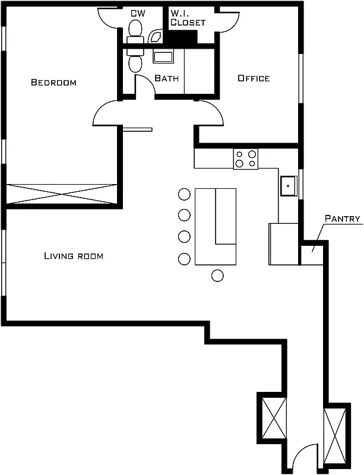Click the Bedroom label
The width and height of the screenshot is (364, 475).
53,83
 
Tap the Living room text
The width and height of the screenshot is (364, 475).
74,256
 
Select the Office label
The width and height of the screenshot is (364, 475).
254,78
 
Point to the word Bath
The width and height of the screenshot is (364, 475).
166,78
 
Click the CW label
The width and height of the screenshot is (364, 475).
138,12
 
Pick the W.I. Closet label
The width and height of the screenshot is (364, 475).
188,18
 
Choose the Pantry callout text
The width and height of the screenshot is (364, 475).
343,218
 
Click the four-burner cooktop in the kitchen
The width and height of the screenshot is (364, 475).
245,159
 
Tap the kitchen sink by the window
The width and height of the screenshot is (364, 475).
289,185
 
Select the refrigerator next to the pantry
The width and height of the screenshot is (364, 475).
283,243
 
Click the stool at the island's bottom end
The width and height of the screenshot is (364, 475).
217,275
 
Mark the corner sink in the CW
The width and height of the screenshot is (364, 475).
157,37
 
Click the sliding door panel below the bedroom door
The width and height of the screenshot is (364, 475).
137,129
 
